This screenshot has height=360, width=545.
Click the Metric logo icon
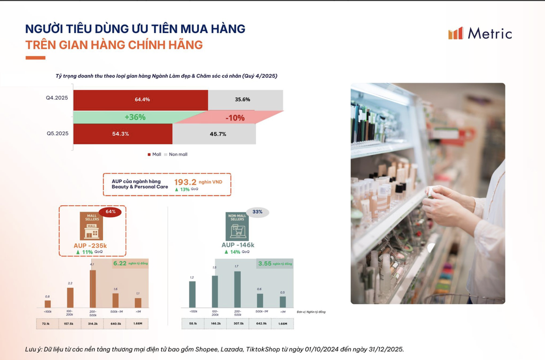(x=456, y=33)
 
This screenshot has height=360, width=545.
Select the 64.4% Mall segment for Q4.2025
(x=141, y=99)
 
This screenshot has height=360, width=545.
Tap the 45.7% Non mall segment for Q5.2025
(x=214, y=134)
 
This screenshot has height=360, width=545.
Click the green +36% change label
(x=135, y=117)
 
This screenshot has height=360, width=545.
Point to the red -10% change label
(x=235, y=118)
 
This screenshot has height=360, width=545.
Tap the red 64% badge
(x=111, y=212)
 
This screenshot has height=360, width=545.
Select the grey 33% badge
(x=258, y=212)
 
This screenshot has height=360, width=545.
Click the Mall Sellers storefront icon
(x=91, y=226)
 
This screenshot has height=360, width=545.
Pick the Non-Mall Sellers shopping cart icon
(x=237, y=226)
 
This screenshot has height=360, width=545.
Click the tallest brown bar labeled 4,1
(x=93, y=289)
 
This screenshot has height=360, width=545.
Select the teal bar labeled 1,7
(x=237, y=290)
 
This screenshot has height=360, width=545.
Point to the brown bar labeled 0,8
(x=48, y=304)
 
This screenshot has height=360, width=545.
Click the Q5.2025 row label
(x=57, y=134)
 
